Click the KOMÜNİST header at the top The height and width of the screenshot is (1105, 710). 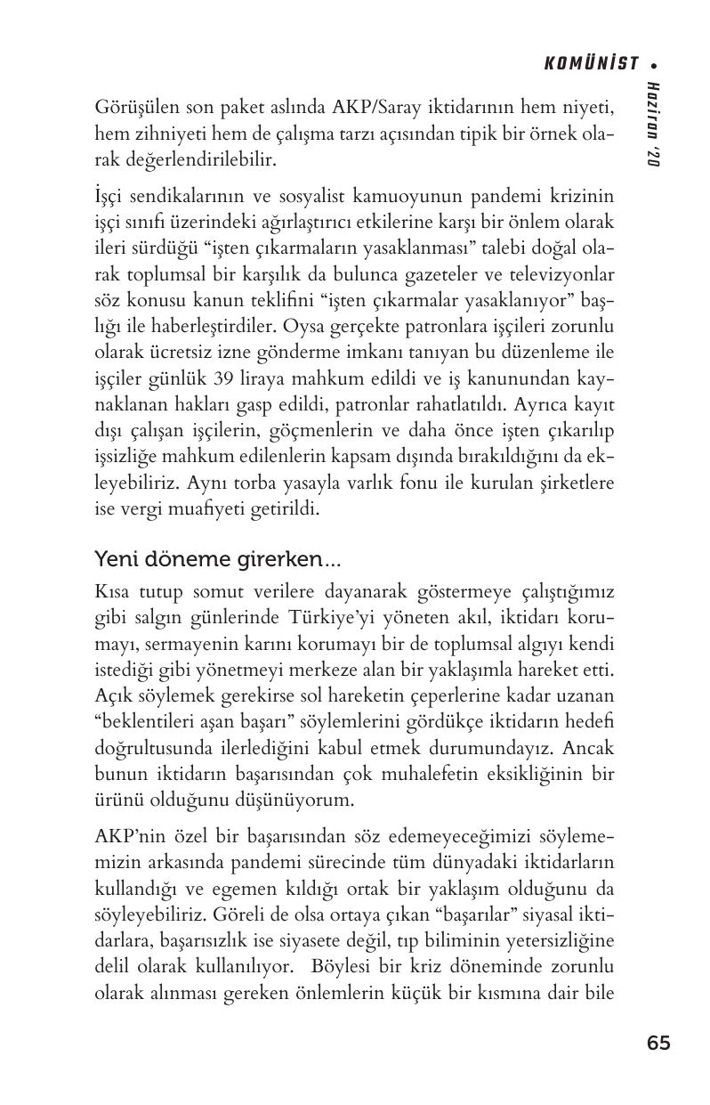pos(592,63)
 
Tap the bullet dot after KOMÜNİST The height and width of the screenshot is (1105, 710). pos(655,64)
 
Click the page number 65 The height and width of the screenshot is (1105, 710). pos(658,1044)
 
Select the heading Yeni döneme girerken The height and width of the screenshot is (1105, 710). pos(216,560)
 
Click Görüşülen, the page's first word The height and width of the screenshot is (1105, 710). pos(134,108)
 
